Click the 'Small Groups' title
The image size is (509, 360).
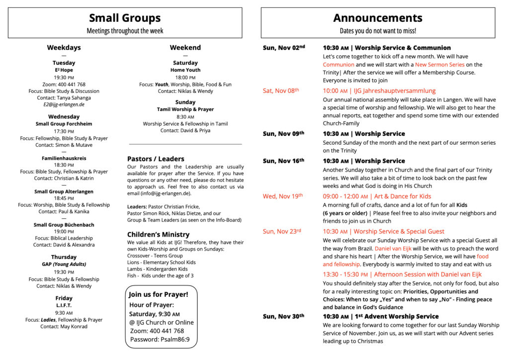pyautogui.click(x=125, y=18)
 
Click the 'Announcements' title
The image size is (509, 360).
pyautogui.click(x=378, y=18)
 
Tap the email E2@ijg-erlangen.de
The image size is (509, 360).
pyautogui.click(x=64, y=105)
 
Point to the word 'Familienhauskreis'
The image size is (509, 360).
pyautogui.click(x=64, y=158)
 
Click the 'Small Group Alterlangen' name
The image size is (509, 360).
pyautogui.click(x=64, y=191)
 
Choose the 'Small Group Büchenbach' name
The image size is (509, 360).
pyautogui.click(x=64, y=225)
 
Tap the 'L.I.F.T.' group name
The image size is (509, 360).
pyautogui.click(x=64, y=305)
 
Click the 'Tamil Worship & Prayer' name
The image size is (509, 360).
pyautogui.click(x=185, y=109)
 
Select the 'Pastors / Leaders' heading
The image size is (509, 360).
pyautogui.click(x=156, y=159)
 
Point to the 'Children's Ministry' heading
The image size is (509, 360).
pyautogui.click(x=158, y=235)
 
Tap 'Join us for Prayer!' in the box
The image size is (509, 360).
pyautogui.click(x=159, y=294)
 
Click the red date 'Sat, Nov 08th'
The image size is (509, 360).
pyautogui.click(x=281, y=91)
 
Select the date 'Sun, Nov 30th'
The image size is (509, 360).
pyautogui.click(x=283, y=316)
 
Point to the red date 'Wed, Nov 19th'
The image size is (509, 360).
pyautogui.click(x=283, y=196)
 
